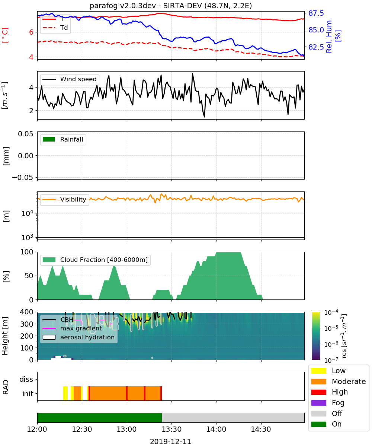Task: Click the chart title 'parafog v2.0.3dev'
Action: [123, 6]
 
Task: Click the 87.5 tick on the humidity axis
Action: [316, 13]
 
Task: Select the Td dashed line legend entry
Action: [55, 28]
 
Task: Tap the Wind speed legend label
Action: [78, 79]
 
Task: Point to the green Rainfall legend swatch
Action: [49, 139]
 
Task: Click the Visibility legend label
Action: [73, 200]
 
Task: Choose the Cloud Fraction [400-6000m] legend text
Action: [104, 260]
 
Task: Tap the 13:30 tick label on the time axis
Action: [171, 429]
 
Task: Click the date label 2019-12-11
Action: [171, 442]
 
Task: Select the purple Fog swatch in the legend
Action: [318, 403]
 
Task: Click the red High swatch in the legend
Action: [318, 392]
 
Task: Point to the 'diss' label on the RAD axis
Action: [26, 379]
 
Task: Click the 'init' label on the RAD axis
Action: [28, 394]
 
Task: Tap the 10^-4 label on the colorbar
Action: [331, 313]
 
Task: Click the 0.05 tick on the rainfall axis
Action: [26, 134]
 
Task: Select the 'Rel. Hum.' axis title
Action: [329, 35]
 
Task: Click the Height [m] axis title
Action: [5, 336]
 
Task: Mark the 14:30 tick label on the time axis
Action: [261, 429]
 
